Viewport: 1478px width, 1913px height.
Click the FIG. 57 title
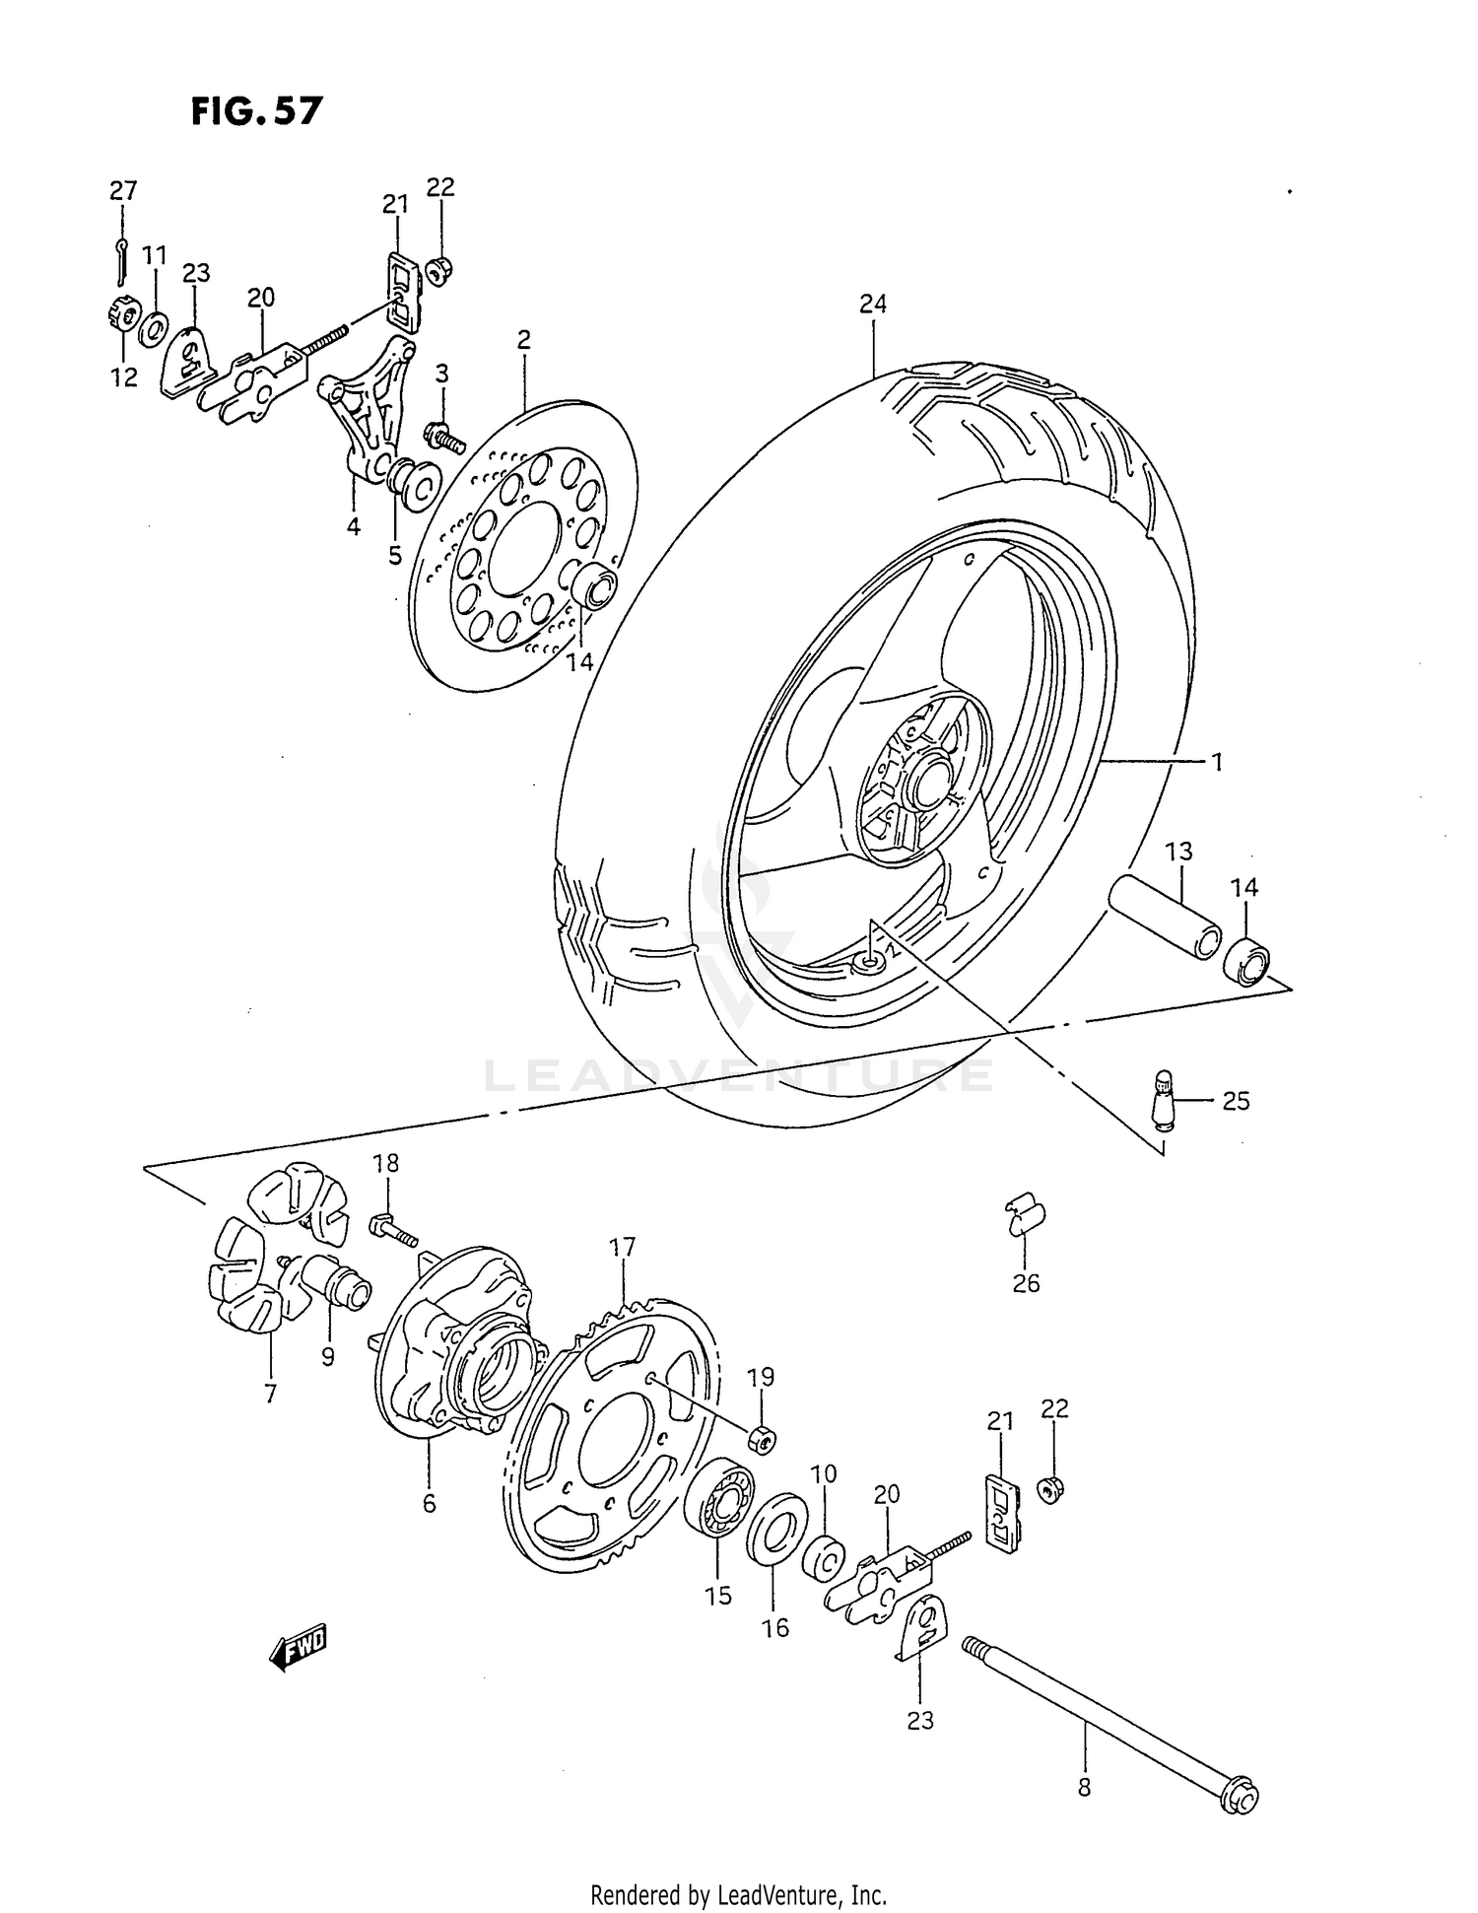point(256,111)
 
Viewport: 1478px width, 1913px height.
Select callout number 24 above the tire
point(872,305)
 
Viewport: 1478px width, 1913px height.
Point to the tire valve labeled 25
point(1164,1097)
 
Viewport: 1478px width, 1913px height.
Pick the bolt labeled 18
point(393,1230)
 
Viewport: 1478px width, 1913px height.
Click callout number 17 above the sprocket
point(622,1248)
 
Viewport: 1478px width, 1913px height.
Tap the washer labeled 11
point(153,329)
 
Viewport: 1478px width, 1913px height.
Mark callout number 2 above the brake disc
point(523,340)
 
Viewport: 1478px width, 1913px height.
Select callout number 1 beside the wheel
point(1217,762)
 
